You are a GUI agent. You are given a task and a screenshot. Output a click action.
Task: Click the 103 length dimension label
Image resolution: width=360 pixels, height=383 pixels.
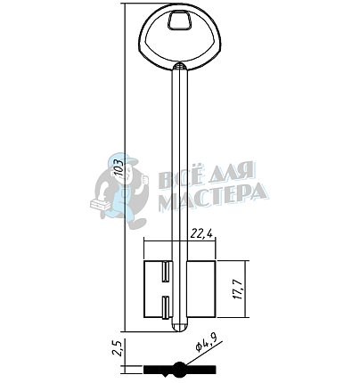point(119,167)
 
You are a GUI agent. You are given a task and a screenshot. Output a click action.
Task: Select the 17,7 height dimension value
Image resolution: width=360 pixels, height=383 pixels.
point(239,289)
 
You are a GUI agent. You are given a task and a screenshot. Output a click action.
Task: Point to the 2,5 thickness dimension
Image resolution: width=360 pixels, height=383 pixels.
point(119,348)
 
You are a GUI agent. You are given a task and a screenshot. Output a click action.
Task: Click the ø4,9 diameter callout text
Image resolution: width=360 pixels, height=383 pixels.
point(205,342)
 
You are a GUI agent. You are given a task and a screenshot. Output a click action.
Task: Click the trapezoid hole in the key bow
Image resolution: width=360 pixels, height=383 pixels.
point(180,20)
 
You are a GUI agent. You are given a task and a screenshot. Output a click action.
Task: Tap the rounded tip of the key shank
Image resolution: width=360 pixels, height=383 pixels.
point(180,328)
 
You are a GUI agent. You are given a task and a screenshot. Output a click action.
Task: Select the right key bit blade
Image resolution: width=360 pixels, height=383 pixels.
point(201,289)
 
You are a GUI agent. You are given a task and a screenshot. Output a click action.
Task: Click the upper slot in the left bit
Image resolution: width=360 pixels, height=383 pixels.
point(165,272)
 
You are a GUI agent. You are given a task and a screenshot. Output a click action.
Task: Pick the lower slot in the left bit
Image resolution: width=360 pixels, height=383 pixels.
point(165,307)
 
